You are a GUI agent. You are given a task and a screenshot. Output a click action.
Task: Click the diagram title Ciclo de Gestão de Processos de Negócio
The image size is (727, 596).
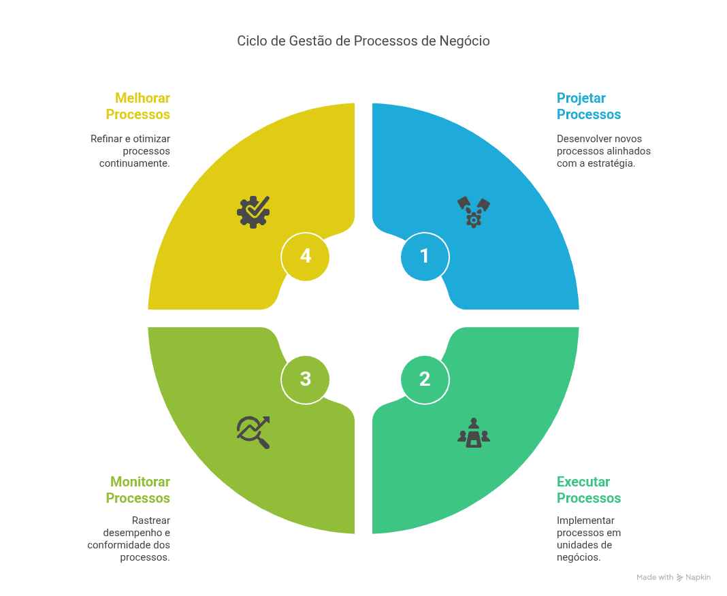363,42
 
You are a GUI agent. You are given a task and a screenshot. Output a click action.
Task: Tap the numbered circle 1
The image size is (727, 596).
425,256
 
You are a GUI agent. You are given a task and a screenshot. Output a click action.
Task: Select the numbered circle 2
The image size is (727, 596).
425,380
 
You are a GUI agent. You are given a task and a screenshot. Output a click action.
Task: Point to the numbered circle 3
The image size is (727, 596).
305,380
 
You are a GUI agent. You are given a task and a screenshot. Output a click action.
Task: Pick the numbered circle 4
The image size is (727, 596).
305,256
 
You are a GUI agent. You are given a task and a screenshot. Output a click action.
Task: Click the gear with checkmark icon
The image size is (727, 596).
253,212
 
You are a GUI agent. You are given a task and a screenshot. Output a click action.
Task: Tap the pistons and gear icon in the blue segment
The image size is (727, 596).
473,212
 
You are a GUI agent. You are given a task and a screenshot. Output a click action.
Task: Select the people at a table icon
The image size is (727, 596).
473,433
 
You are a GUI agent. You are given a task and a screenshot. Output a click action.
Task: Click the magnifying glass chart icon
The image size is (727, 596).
253,433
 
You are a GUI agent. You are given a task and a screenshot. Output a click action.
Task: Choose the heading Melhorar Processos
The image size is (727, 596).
138,106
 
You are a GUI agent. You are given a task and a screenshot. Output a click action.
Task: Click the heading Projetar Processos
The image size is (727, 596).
589,106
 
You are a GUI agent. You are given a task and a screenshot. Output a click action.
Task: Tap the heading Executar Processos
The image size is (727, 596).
589,490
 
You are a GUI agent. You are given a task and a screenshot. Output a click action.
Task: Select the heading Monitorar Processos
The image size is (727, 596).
138,490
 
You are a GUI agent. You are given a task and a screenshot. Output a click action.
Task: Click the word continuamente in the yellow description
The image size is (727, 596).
135,163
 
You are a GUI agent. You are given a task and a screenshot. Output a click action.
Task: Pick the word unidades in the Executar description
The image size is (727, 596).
575,545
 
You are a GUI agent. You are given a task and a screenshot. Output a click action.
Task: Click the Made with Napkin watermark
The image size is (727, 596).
673,578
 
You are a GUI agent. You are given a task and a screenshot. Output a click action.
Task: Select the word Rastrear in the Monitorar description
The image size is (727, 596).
150,520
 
